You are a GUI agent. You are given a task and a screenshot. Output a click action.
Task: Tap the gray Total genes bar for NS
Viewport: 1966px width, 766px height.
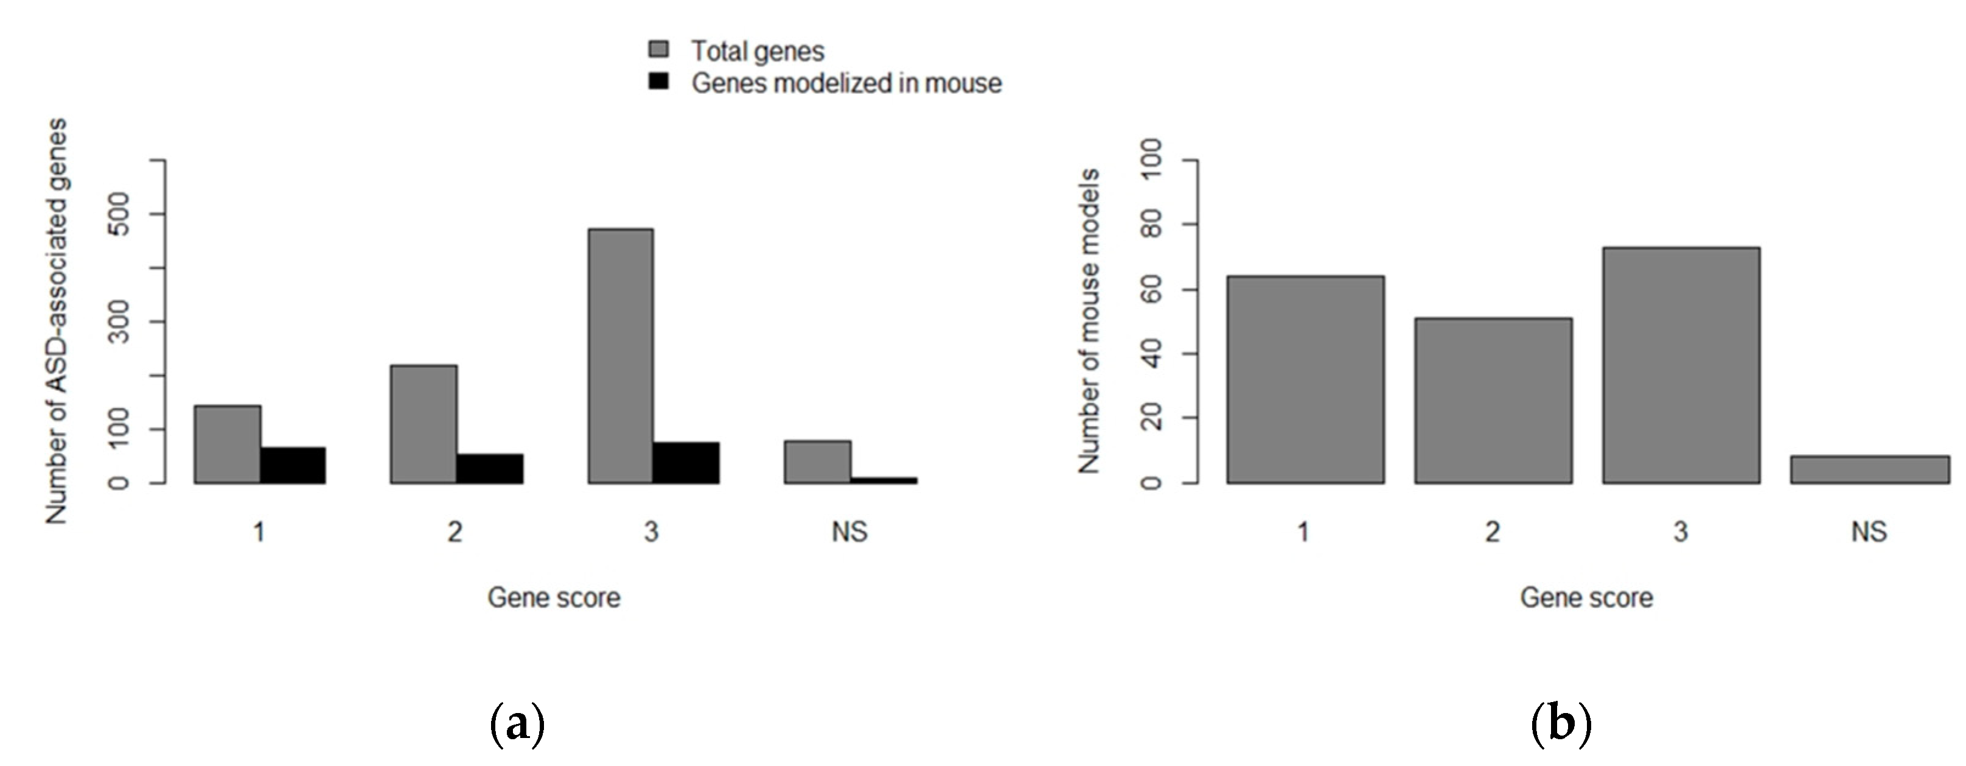[x=817, y=462]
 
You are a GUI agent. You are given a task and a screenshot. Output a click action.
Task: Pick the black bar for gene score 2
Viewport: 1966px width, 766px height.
[x=489, y=469]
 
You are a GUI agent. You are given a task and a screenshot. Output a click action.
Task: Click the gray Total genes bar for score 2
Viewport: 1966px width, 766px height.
[x=424, y=424]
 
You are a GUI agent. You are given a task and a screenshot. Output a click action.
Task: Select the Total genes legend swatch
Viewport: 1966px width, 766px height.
[x=658, y=50]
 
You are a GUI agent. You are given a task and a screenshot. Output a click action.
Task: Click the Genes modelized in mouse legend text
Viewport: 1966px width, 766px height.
[x=846, y=82]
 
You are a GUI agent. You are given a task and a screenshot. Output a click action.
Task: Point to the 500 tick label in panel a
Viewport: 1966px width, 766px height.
[x=119, y=214]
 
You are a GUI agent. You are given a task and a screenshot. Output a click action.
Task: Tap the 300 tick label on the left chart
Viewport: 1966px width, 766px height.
[x=119, y=322]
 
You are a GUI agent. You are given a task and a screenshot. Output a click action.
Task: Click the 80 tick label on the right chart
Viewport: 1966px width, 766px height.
[x=1151, y=225]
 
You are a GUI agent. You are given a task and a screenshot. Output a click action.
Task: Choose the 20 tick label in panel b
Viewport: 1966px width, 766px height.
[x=1151, y=418]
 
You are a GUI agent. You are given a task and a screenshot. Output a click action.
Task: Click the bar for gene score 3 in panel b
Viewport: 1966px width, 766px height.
[x=1681, y=365]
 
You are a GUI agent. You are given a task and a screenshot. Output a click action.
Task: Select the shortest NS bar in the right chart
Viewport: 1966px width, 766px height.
[x=1869, y=469]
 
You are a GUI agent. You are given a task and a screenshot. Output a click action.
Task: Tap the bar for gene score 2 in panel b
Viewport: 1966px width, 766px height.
[x=1493, y=400]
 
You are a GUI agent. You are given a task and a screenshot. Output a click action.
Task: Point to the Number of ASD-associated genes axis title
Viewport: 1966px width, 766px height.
[x=57, y=321]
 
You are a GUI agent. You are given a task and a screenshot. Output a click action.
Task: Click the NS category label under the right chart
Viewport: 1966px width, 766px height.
[x=1868, y=532]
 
